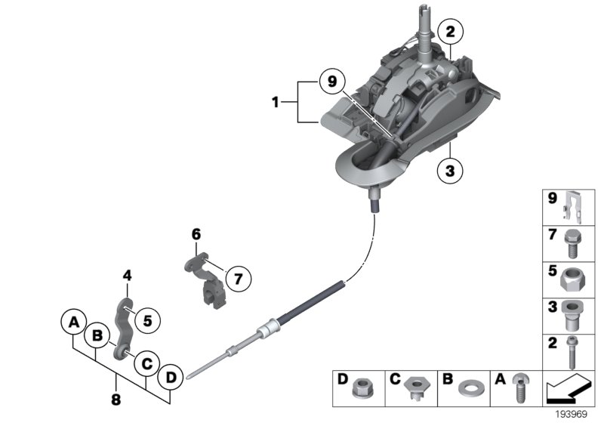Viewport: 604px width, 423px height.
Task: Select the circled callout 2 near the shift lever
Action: (x=450, y=32)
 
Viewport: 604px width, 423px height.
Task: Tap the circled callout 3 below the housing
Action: (x=450, y=171)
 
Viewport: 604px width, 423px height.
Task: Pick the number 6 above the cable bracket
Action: (x=196, y=235)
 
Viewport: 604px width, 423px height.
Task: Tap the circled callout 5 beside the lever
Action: (x=147, y=320)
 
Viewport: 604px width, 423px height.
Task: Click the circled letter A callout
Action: (x=73, y=323)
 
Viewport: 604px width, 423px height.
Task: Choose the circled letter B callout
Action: (x=97, y=338)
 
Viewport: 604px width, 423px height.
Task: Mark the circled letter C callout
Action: (x=146, y=363)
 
